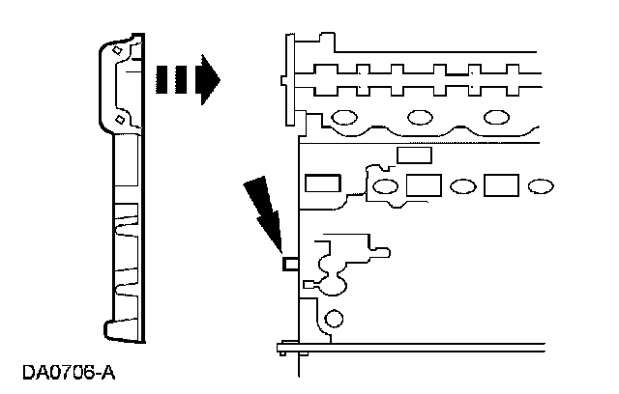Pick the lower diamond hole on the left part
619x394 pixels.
pyautogui.click(x=118, y=120)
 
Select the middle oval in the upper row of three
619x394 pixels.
pyautogui.click(x=421, y=118)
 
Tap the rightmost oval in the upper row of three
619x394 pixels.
pyautogui.click(x=496, y=118)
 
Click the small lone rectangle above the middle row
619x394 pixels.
pyautogui.click(x=414, y=155)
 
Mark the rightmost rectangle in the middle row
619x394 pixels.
pyautogui.click(x=501, y=184)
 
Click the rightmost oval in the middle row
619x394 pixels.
pyautogui.click(x=541, y=184)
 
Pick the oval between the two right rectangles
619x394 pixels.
pyautogui.click(x=462, y=184)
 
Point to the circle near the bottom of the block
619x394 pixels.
pyautogui.click(x=335, y=318)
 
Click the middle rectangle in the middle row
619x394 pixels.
pyautogui.click(x=424, y=184)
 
